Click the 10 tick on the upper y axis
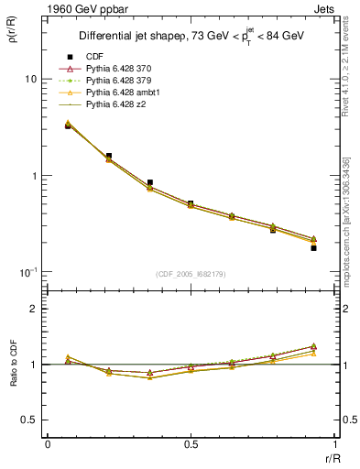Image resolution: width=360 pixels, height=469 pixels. click(x=29, y=79)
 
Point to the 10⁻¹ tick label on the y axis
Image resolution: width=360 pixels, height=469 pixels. click(x=27, y=272)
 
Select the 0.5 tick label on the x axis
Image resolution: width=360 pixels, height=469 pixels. click(x=191, y=444)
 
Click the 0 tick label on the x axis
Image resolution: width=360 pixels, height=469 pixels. click(x=47, y=444)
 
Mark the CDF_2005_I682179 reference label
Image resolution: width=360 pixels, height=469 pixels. click(x=191, y=275)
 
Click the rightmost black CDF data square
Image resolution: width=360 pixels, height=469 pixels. click(x=313, y=247)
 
